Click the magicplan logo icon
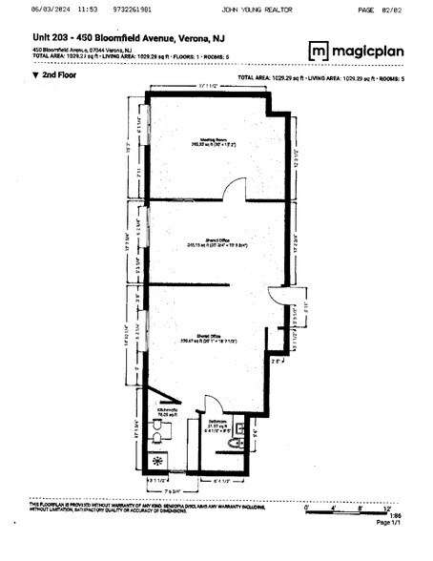(x=319, y=50)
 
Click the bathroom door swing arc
(x=210, y=405)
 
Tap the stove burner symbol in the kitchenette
(x=159, y=459)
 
